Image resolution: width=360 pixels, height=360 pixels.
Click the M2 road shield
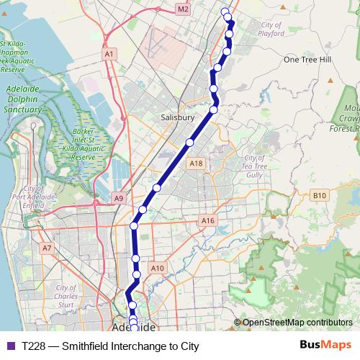(183, 9)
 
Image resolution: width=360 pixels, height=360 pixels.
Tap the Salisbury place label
(178, 117)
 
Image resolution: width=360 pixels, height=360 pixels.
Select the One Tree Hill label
(307, 60)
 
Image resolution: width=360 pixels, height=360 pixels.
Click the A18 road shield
(196, 164)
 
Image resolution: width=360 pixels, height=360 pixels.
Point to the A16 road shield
(208, 220)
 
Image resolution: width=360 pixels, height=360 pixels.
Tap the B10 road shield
(320, 195)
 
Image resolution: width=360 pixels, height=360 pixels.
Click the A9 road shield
(119, 197)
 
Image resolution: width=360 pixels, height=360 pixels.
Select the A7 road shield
(48, 248)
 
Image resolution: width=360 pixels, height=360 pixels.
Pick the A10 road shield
(158, 268)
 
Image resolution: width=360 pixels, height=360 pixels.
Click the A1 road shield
(109, 54)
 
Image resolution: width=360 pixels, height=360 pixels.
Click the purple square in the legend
(11, 346)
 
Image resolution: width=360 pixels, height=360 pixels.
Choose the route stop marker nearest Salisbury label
(214, 110)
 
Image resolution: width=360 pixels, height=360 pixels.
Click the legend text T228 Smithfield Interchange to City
(110, 346)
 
